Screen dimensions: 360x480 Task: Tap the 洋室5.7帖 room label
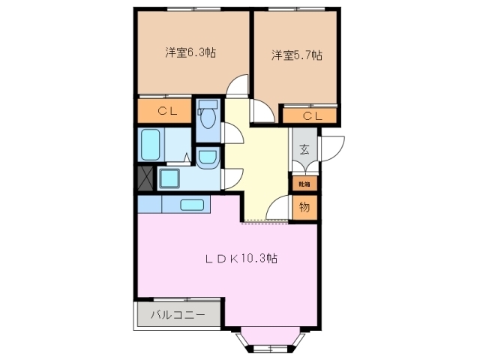click(x=297, y=55)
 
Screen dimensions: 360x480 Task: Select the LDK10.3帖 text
click(x=242, y=259)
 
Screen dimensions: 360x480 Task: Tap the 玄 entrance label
click(x=304, y=148)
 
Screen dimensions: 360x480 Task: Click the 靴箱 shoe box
click(x=304, y=182)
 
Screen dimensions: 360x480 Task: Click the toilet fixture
click(x=208, y=116)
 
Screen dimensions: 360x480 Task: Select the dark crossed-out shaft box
click(x=145, y=179)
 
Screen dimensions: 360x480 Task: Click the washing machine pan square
click(x=168, y=178)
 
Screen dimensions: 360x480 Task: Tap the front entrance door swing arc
click(x=331, y=147)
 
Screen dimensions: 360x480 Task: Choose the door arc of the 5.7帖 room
click(x=262, y=112)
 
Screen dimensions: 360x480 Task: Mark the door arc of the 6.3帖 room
click(x=238, y=88)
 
